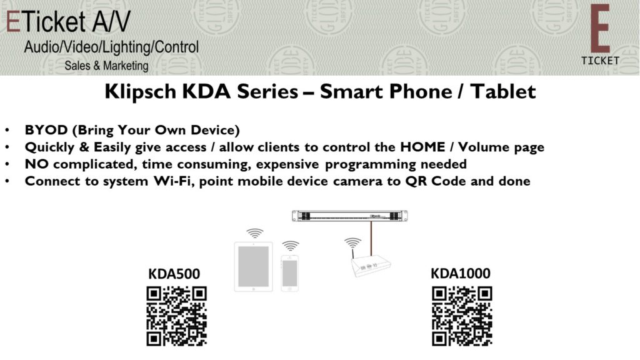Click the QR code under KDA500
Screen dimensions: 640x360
coord(177,316)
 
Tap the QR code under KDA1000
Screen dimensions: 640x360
coord(462,316)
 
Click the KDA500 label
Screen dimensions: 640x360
coord(174,274)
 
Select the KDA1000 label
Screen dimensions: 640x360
coord(461,274)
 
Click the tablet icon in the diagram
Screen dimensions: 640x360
coord(254,267)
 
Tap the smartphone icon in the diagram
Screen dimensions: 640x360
coord(290,273)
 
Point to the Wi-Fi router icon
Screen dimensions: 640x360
coord(371,265)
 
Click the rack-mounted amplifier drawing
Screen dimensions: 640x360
coord(350,216)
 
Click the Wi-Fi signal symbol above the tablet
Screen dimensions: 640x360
coord(255,234)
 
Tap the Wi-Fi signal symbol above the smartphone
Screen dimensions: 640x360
coord(291,246)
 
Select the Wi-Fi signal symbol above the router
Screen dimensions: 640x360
coord(352,243)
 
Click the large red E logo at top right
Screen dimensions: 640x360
coord(600,29)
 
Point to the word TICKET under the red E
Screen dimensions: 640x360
coord(600,61)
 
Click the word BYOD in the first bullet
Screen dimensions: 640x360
coord(46,130)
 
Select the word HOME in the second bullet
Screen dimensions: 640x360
coord(422,147)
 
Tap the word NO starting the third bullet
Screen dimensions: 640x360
coord(37,164)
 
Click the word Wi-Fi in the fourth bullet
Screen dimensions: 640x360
coord(173,181)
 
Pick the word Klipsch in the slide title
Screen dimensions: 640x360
coord(141,91)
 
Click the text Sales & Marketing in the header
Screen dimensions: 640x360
coord(106,66)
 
